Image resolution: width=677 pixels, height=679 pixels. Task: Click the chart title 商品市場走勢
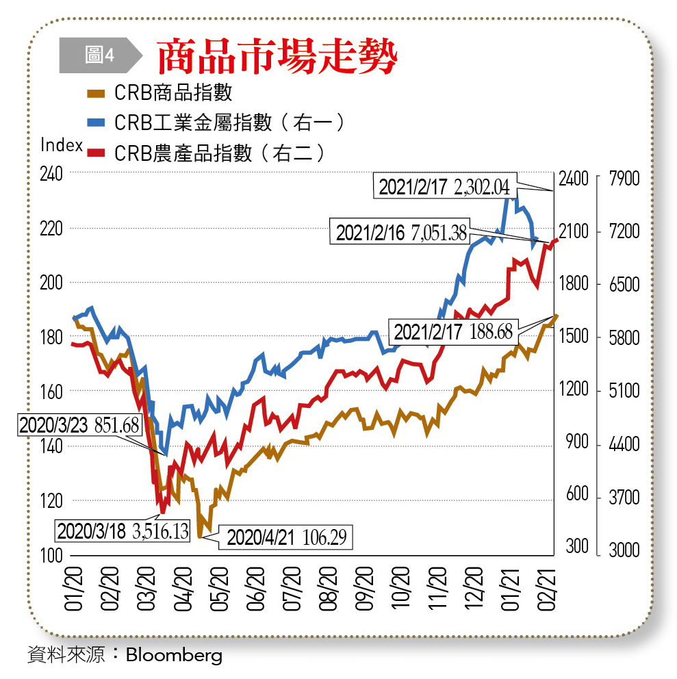(277, 56)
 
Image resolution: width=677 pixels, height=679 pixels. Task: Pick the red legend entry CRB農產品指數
(219, 152)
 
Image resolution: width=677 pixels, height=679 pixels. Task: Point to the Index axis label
(62, 145)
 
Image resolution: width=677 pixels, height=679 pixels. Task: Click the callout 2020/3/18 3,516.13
(123, 530)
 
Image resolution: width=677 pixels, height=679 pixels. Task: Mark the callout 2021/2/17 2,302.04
(444, 186)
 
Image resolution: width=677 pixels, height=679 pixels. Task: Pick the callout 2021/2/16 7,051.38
(401, 233)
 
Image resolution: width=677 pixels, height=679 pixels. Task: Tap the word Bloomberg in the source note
(174, 655)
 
